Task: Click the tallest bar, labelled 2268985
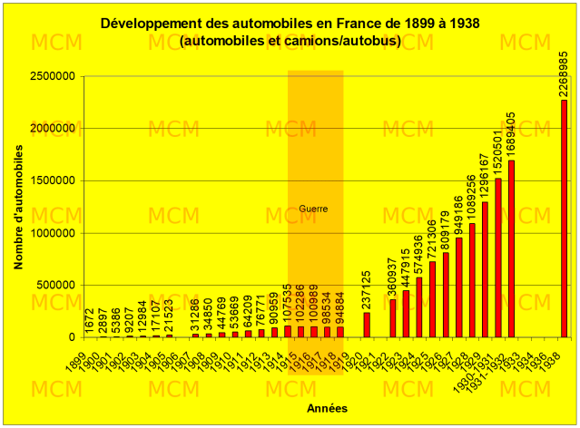tap(564, 218)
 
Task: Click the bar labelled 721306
tap(432, 299)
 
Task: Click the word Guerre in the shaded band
tap(313, 209)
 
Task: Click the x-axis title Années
tap(325, 407)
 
